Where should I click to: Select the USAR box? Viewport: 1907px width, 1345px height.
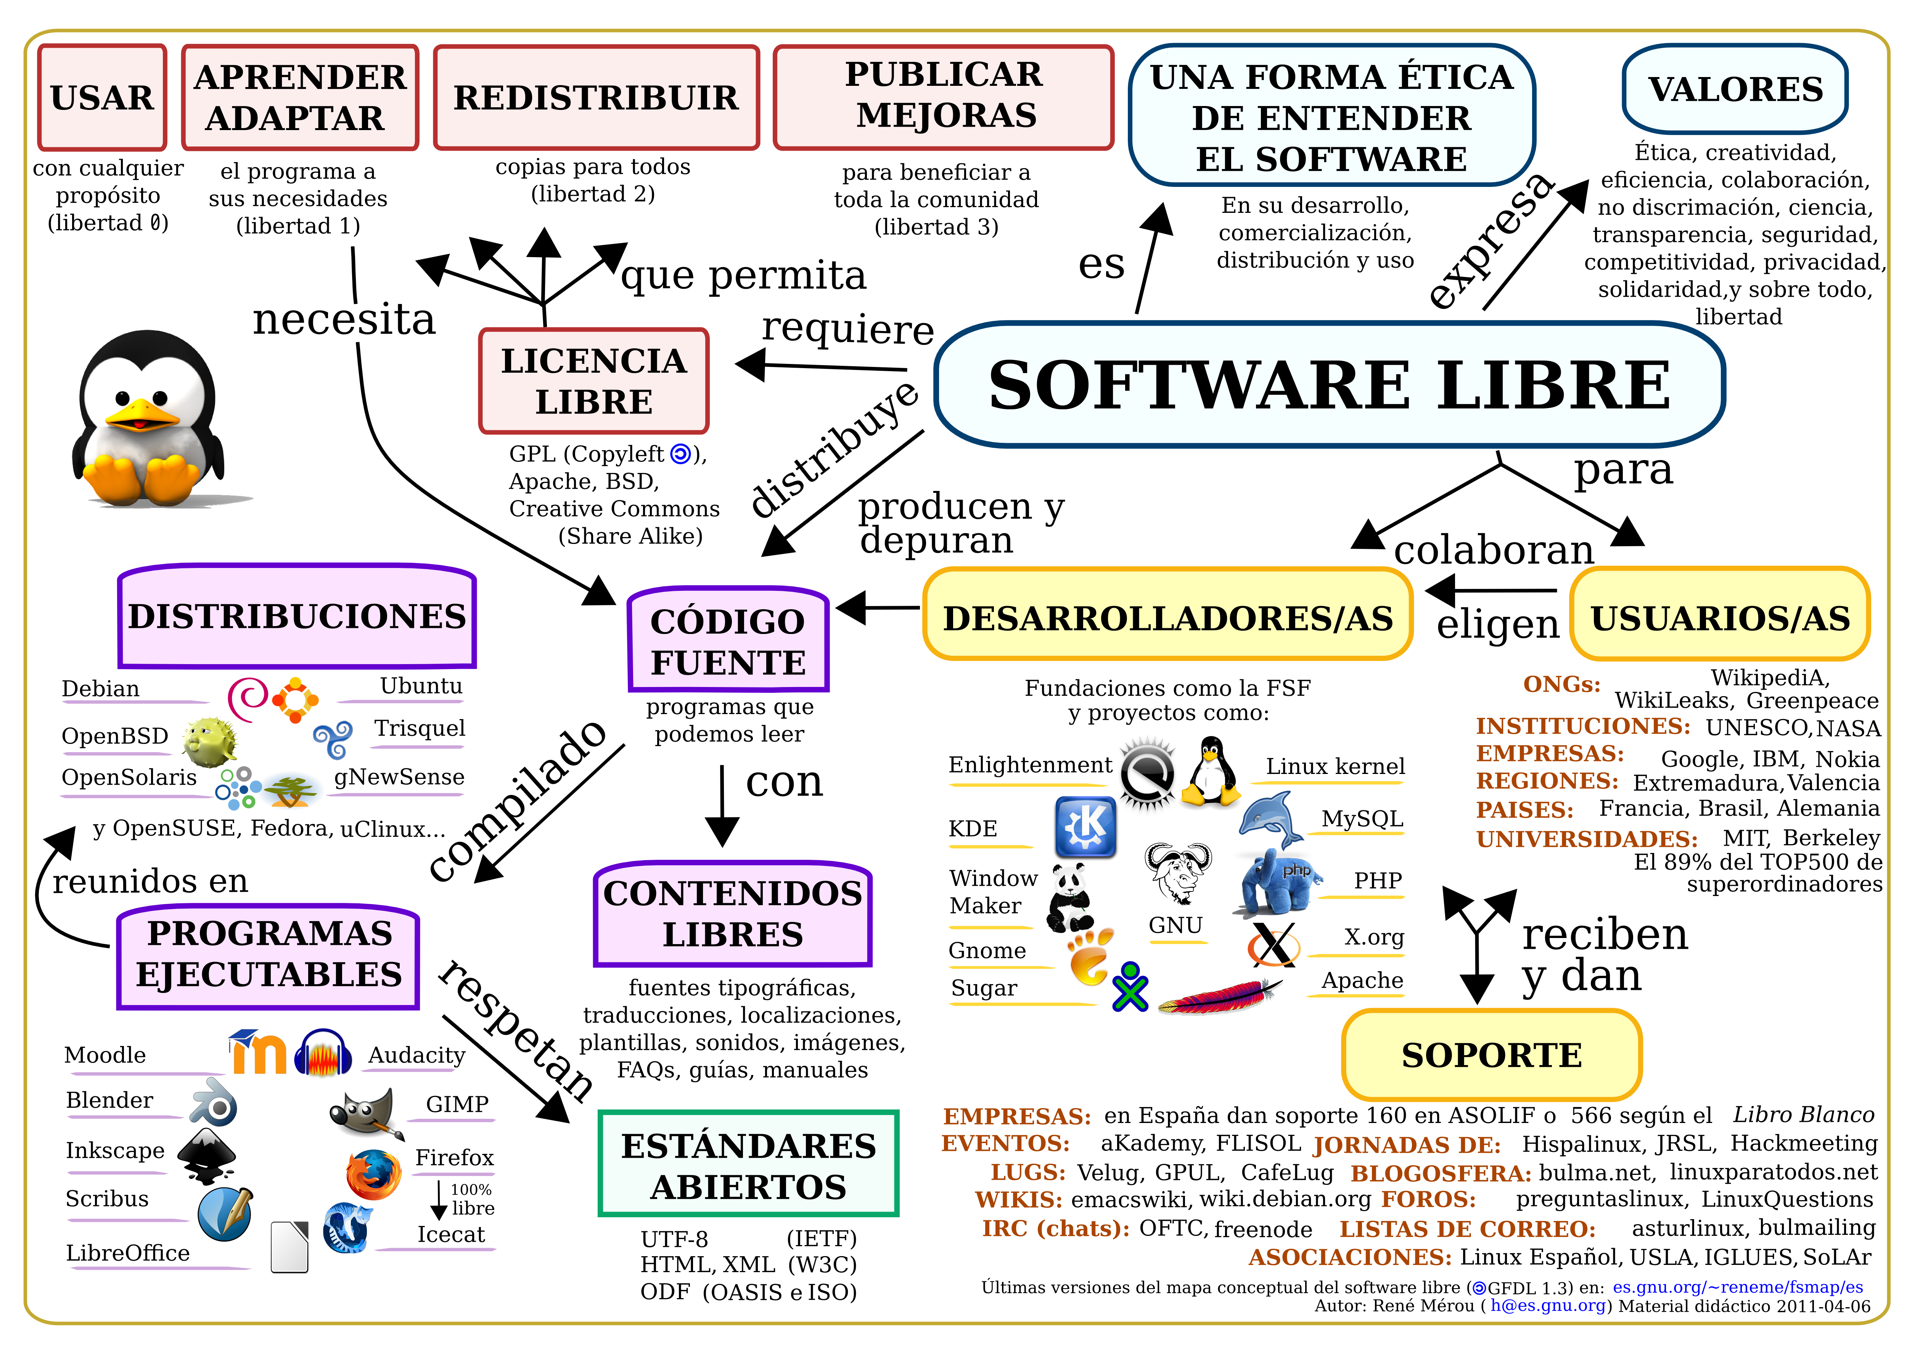tap(102, 97)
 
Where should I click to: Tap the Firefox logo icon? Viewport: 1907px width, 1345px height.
tap(373, 1174)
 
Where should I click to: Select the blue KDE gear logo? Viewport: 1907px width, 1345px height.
tap(1085, 827)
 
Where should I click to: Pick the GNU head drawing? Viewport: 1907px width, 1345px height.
tap(1178, 872)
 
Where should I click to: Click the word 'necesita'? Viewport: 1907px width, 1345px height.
tap(344, 320)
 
